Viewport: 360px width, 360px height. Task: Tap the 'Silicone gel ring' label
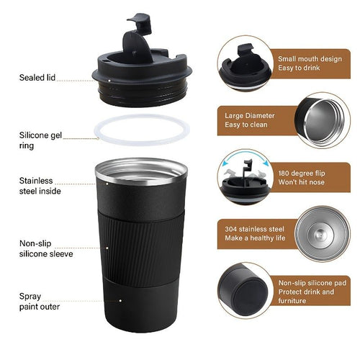(x=39, y=139)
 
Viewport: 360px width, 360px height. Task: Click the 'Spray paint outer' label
(x=37, y=300)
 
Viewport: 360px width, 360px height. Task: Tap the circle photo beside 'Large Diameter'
(x=322, y=119)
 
